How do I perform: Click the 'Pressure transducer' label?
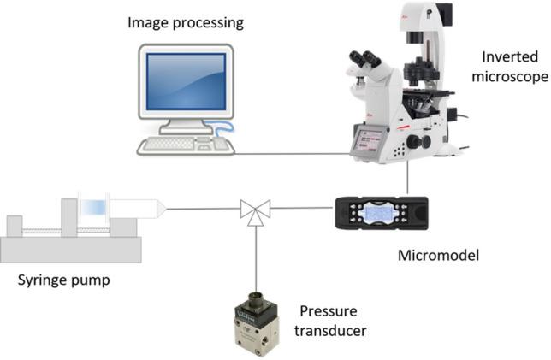pyautogui.click(x=335, y=318)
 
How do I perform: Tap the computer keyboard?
pyautogui.click(x=175, y=145)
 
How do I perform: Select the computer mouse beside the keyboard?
pyautogui.click(x=222, y=145)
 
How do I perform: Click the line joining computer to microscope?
pyautogui.click(x=291, y=155)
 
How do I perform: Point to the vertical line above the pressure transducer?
pyautogui.click(x=255, y=257)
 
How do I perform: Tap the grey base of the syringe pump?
pyautogui.click(x=68, y=249)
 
